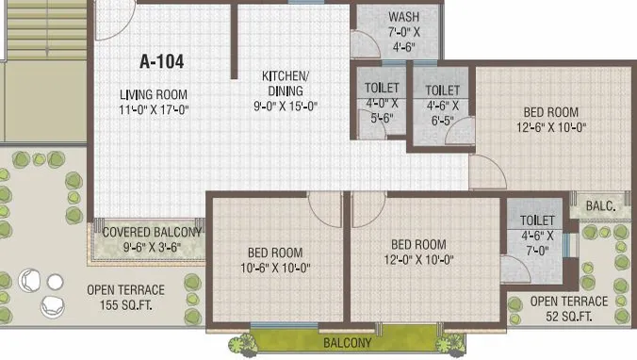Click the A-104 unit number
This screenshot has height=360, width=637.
pyautogui.click(x=161, y=62)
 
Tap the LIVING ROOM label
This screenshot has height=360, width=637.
pyautogui.click(x=154, y=94)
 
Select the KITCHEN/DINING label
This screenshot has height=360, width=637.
pyautogui.click(x=284, y=84)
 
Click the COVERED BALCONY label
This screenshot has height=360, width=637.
pyautogui.click(x=152, y=232)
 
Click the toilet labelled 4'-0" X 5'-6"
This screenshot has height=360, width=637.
pyautogui.click(x=382, y=104)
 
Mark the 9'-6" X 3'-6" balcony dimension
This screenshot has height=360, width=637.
pyautogui.click(x=152, y=247)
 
